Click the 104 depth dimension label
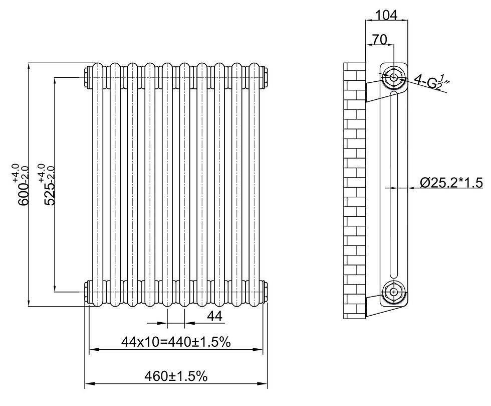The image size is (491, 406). point(386,15)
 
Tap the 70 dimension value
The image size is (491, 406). point(379,40)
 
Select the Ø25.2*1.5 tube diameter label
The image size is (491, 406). point(451,183)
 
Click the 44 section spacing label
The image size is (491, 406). point(214,316)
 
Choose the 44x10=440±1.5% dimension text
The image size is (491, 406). point(176,342)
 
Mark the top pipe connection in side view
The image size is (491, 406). point(394,77)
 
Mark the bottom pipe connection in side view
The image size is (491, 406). point(394,291)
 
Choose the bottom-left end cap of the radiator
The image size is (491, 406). point(88,292)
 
